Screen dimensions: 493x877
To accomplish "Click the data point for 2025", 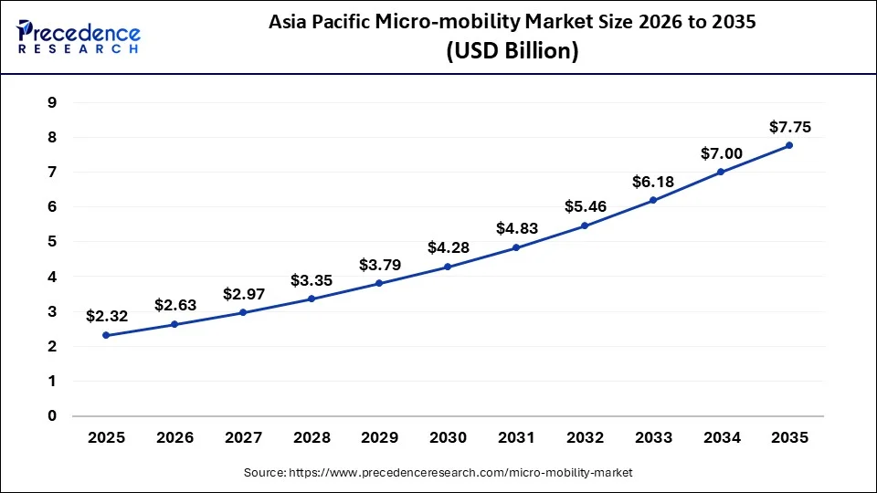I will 106,335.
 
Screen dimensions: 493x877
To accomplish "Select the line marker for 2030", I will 448,267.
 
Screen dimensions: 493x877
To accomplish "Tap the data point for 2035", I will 789,145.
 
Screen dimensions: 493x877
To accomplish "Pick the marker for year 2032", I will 585,226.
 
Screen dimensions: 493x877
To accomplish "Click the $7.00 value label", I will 721,154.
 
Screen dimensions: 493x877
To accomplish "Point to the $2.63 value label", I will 174,305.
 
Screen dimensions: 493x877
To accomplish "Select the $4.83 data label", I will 516,228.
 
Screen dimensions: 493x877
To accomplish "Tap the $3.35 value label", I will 311,279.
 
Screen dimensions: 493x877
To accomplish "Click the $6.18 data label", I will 653,183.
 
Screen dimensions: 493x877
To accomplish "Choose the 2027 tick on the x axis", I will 242,438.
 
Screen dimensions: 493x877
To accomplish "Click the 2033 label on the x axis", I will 653,438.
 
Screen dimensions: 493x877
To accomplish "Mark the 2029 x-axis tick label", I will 379,438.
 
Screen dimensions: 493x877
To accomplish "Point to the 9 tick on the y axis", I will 52,102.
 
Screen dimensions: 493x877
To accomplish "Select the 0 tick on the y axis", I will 52,416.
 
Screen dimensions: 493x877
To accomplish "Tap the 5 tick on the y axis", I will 52,242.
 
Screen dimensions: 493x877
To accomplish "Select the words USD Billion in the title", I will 512,52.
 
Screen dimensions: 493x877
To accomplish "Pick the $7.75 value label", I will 789,127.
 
